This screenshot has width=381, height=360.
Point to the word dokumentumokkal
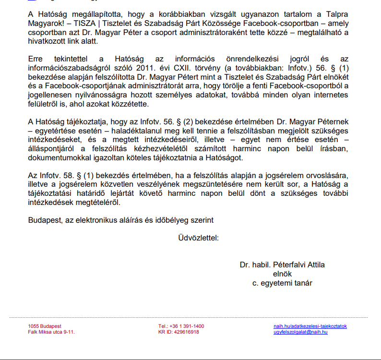(x=58, y=157)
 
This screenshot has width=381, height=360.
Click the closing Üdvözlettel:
(x=198, y=238)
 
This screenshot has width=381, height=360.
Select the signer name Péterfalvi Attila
(x=298, y=265)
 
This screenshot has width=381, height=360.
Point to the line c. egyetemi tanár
(x=282, y=283)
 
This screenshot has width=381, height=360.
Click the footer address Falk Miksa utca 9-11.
(x=51, y=332)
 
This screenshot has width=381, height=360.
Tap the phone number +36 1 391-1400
(x=188, y=326)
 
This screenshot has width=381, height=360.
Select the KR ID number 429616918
(x=187, y=332)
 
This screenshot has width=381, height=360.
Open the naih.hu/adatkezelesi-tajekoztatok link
(x=310, y=326)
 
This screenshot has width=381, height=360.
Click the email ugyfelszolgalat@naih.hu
(x=300, y=332)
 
